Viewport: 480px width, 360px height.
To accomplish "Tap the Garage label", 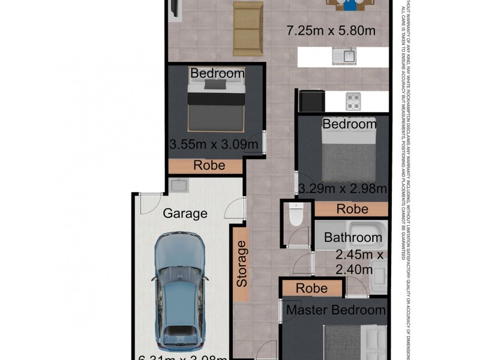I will click(185, 213).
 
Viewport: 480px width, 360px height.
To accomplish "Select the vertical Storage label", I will click(241, 263).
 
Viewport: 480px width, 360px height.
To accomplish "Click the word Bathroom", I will click(353, 238).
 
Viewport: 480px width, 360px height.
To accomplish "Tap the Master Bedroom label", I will click(335, 310).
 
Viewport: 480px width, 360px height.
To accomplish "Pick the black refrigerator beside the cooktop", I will click(311, 101).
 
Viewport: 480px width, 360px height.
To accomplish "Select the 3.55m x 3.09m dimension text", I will click(214, 145).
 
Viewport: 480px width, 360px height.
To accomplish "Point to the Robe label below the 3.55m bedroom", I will click(209, 166).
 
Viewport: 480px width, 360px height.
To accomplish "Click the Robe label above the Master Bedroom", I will click(311, 288).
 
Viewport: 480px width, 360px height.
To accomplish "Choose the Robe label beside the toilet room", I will click(352, 209).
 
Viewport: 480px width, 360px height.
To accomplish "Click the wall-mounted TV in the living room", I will click(173, 7).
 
